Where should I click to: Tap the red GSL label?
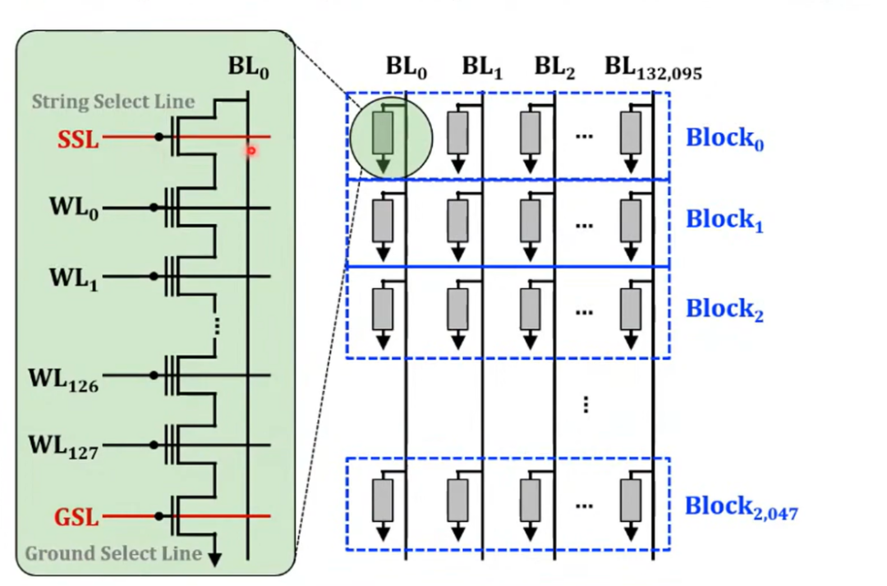76,518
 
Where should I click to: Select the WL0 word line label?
74,209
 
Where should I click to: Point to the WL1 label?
74,278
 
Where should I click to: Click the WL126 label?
63,379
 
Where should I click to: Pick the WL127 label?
63,447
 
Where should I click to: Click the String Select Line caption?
113,102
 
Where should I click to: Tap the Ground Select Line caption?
113,553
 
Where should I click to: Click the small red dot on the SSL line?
251,150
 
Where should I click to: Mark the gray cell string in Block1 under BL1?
457,221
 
